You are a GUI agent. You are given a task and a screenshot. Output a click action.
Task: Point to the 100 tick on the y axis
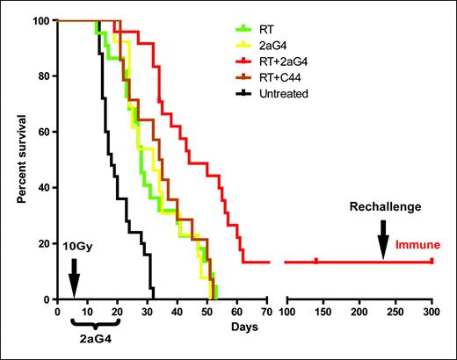coord(42,20)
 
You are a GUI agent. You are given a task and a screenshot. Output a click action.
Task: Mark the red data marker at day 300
coord(432,261)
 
